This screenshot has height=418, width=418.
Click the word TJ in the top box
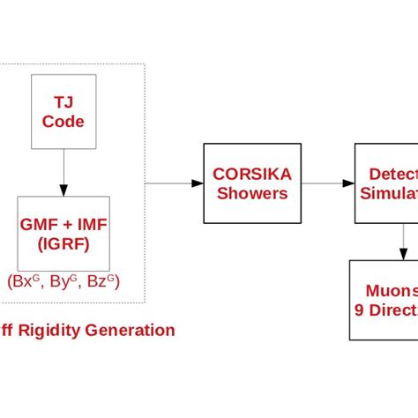63,102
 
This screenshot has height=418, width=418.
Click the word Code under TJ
63,122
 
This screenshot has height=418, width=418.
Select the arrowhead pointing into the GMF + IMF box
63,190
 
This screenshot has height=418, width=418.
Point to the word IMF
91,224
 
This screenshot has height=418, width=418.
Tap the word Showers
252,192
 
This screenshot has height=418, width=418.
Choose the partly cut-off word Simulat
389,192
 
